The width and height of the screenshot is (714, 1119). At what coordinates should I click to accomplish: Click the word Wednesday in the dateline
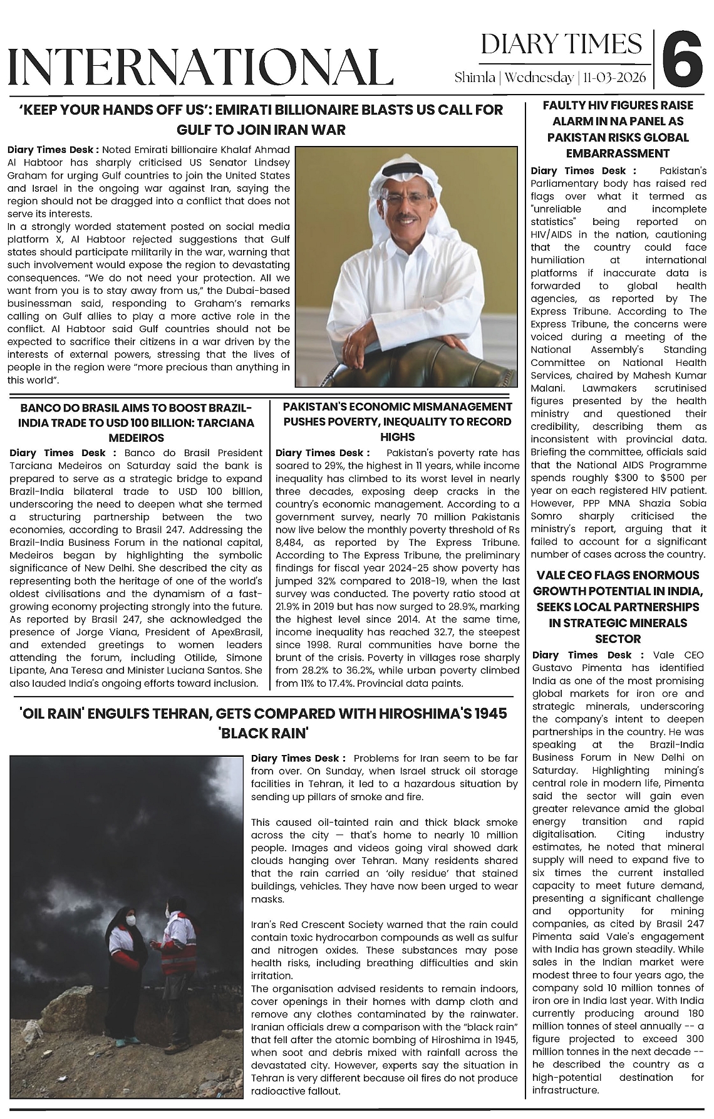coord(539,78)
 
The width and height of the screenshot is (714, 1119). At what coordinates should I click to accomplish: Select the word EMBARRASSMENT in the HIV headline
coord(618,153)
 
